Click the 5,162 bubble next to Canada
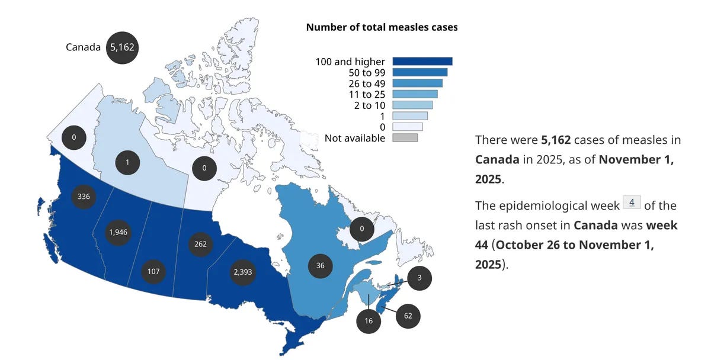click(x=122, y=47)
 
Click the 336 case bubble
click(x=84, y=196)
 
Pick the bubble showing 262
click(x=200, y=244)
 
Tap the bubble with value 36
click(x=321, y=266)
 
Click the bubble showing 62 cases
click(x=408, y=316)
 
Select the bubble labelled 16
click(x=368, y=320)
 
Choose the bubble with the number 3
click(x=419, y=277)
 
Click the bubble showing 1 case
click(x=127, y=162)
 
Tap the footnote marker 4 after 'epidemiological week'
click(x=632, y=204)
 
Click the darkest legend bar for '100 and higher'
click(x=422, y=62)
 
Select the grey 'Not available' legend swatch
click(x=405, y=138)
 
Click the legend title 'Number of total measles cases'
click(x=382, y=27)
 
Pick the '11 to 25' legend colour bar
click(x=415, y=94)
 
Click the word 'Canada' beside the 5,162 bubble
click(x=83, y=47)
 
